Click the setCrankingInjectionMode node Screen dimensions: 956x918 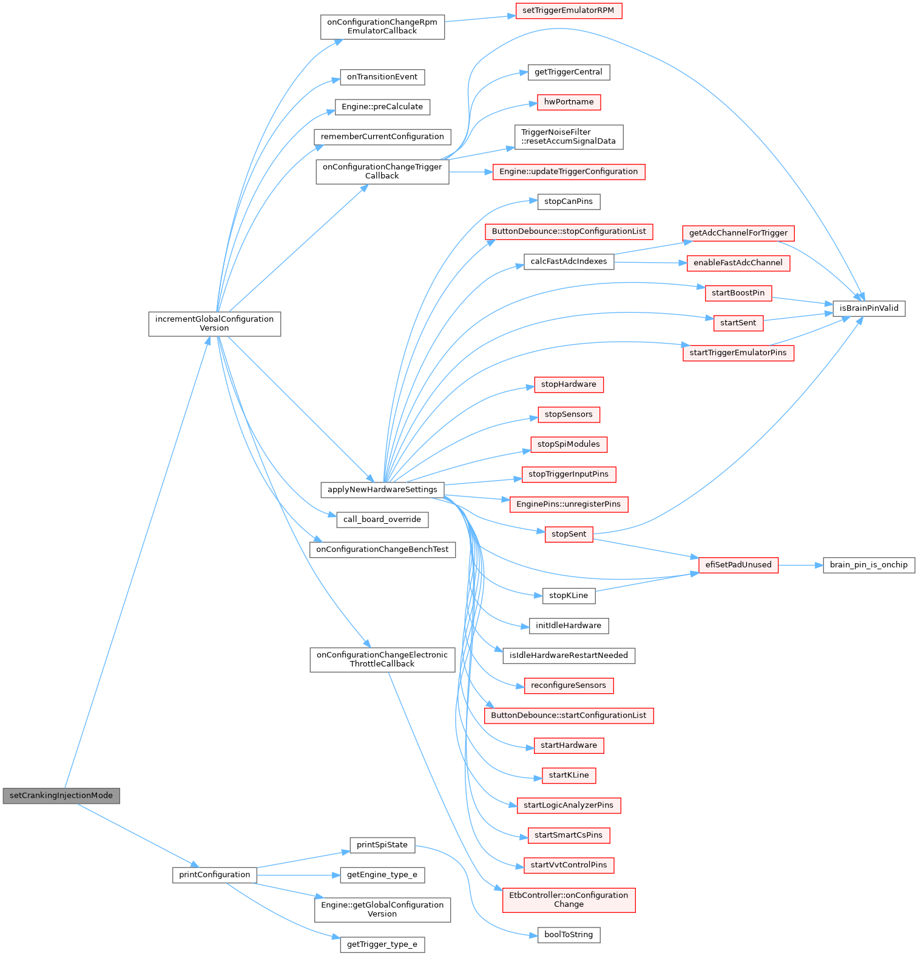click(x=61, y=796)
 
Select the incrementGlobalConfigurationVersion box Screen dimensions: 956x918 click(x=214, y=324)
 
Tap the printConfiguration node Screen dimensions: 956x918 click(x=214, y=875)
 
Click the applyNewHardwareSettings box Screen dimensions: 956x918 click(x=382, y=489)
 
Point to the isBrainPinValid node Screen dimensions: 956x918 click(x=869, y=308)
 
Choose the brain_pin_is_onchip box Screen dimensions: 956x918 click(x=868, y=565)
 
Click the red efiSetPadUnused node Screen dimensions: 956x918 click(x=738, y=565)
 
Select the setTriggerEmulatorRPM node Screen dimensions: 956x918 click(x=568, y=11)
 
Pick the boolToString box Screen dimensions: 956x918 click(x=568, y=935)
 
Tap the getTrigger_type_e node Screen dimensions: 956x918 click(x=382, y=944)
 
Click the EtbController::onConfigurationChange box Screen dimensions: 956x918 click(x=569, y=900)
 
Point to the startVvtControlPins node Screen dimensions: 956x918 click(x=569, y=865)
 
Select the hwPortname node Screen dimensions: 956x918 click(x=569, y=102)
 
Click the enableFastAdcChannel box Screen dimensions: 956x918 click(x=738, y=263)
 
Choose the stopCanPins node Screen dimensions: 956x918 click(x=568, y=202)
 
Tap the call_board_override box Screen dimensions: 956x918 click(x=382, y=520)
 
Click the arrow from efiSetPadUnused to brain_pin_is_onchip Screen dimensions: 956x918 click(x=800, y=565)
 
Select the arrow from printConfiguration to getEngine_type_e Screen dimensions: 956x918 click(x=297, y=875)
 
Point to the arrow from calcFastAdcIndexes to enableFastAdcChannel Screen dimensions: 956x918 click(x=650, y=263)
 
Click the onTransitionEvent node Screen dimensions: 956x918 click(x=382, y=77)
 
